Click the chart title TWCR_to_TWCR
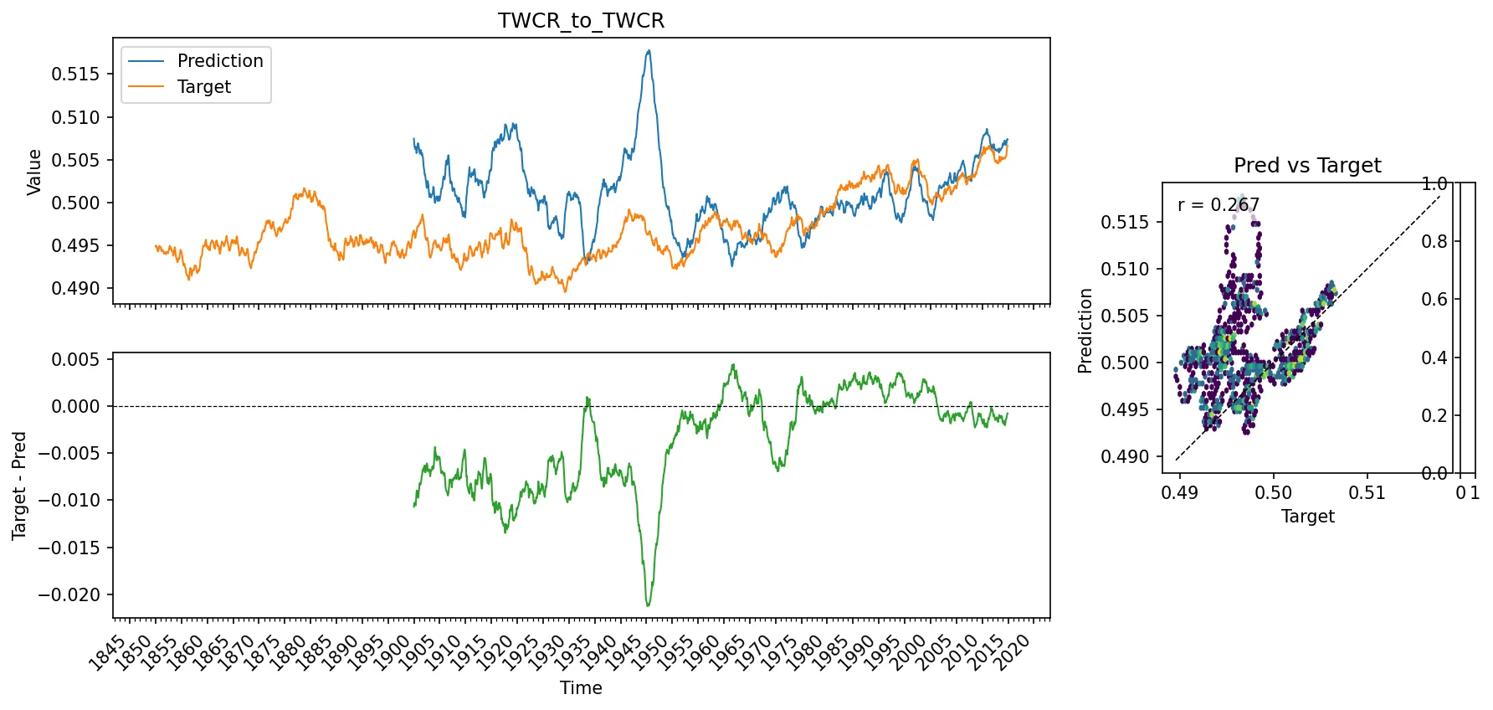(581, 20)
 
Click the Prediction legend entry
(219, 61)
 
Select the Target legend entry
(203, 87)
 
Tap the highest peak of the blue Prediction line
(649, 51)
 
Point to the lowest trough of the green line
(648, 605)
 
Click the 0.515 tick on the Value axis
(75, 75)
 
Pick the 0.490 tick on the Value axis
(75, 289)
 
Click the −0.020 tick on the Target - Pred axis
(69, 595)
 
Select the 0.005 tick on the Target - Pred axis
(75, 360)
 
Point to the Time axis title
(581, 688)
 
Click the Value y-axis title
(34, 172)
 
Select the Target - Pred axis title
(19, 486)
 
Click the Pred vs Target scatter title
(1307, 166)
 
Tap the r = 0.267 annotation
(1218, 205)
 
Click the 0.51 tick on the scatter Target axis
(1367, 493)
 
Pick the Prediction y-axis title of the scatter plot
(1085, 331)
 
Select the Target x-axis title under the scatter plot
(1307, 517)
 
